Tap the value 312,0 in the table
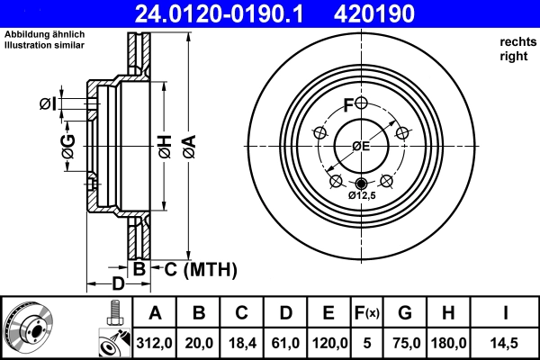pos(155,342)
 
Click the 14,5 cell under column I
pos(507,342)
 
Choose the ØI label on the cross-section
pos(49,104)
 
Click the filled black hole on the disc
pos(362,184)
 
